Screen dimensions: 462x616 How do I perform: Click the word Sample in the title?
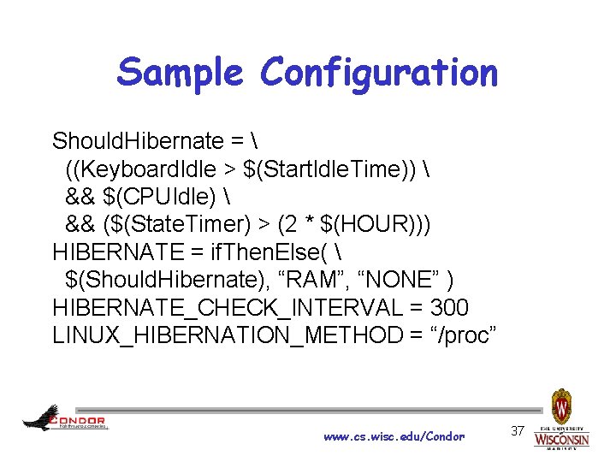182,72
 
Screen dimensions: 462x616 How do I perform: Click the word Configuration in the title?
379,74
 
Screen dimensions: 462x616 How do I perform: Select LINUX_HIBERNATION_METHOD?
225,335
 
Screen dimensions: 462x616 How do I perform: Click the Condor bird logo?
41,417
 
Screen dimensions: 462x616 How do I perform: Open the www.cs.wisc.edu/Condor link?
394,436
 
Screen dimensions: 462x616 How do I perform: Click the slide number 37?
517,430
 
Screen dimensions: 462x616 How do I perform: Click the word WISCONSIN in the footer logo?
562,440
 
